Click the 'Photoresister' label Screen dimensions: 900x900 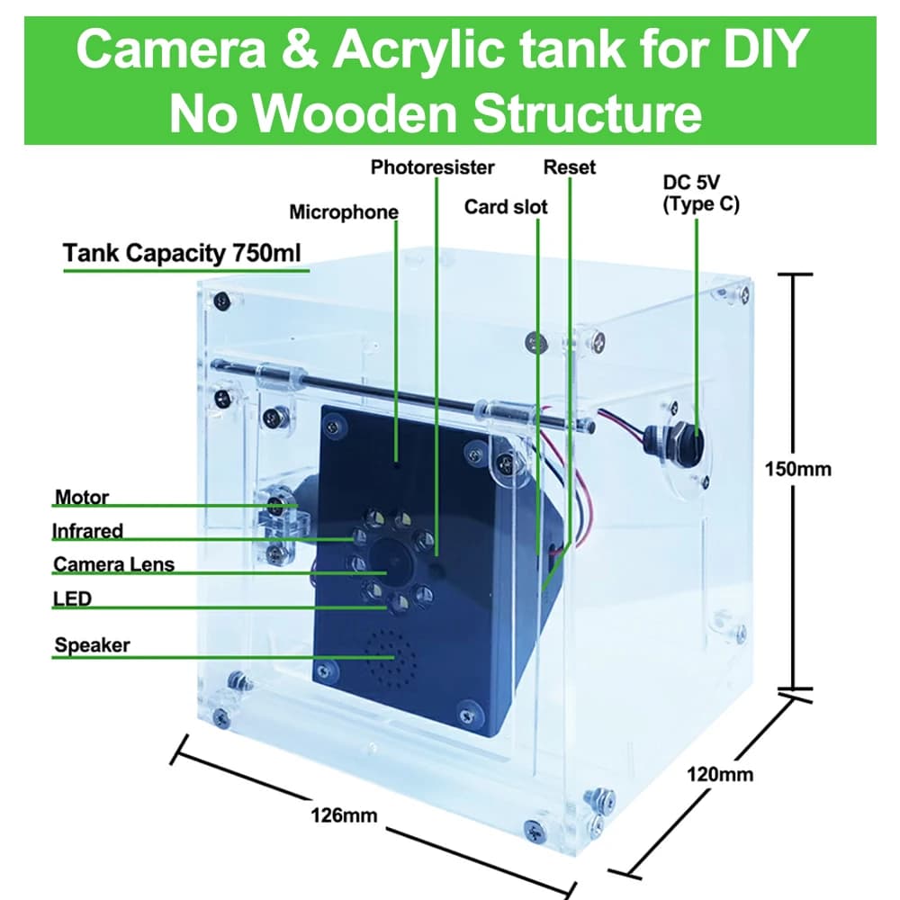point(432,167)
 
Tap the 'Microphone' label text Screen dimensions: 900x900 point(344,211)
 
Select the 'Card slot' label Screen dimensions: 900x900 point(506,207)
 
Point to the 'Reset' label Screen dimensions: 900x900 point(570,167)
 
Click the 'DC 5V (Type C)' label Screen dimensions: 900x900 point(701,193)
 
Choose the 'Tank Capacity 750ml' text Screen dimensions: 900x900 point(182,253)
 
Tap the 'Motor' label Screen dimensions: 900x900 point(82,497)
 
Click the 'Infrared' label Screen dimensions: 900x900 point(87,530)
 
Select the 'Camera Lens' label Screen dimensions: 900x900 point(113,564)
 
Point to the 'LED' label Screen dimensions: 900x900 point(72,598)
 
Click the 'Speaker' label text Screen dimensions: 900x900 point(92,644)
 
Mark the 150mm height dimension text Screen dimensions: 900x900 point(797,469)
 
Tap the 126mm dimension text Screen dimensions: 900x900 point(344,815)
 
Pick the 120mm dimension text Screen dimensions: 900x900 point(720,774)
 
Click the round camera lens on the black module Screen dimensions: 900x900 point(391,559)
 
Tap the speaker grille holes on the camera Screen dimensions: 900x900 point(391,659)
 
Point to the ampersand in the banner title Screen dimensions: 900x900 point(299,49)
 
